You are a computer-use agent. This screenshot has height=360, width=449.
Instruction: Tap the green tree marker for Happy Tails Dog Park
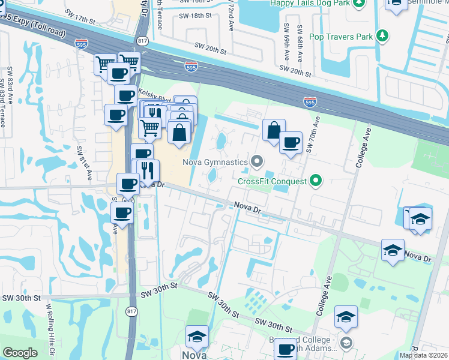coord(359,3)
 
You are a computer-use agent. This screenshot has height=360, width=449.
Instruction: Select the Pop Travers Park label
coord(340,37)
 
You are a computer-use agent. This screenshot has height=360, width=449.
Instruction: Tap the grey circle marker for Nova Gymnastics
coord(258,161)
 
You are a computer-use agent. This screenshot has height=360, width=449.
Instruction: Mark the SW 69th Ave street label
coord(287,38)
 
